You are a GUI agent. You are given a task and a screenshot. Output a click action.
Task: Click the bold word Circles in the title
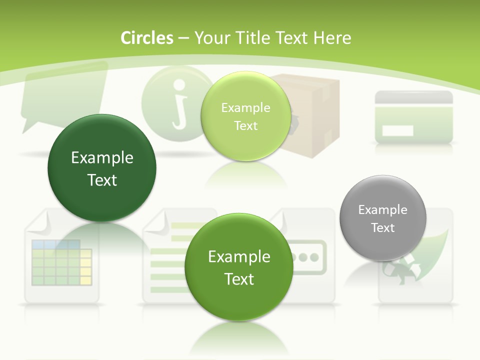click(146, 38)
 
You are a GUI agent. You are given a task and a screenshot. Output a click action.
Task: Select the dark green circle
click(102, 168)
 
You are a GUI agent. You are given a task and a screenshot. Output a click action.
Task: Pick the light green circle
click(245, 116)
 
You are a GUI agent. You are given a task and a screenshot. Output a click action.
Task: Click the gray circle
click(383, 218)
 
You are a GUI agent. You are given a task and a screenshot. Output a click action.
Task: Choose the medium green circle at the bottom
click(239, 267)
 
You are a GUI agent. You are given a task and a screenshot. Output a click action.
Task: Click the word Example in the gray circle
click(383, 209)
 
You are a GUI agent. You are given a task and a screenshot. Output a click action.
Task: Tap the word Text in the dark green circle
click(102, 180)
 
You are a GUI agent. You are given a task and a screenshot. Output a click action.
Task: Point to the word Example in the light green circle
click(245, 107)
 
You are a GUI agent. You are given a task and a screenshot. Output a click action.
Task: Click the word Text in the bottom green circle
click(239, 279)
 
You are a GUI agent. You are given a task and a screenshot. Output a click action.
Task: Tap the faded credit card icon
click(414, 117)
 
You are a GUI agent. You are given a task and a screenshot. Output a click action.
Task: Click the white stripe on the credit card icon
click(398, 131)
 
